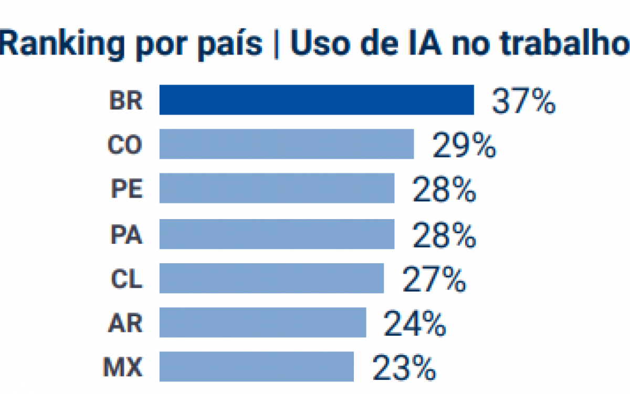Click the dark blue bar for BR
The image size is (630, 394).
click(x=317, y=100)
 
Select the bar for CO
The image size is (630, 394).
click(x=287, y=144)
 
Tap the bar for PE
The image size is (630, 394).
click(x=277, y=188)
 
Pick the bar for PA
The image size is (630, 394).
click(x=277, y=234)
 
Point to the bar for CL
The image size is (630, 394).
click(x=271, y=278)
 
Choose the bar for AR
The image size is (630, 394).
click(x=262, y=323)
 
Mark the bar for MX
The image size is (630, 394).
click(x=256, y=366)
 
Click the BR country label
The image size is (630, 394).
click(x=126, y=100)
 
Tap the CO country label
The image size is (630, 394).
click(x=125, y=145)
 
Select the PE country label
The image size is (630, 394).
click(x=126, y=189)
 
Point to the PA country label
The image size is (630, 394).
click(x=126, y=234)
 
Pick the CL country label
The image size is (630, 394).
click(x=126, y=279)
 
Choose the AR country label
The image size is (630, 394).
click(x=126, y=323)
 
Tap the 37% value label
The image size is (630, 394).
click(x=523, y=101)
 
